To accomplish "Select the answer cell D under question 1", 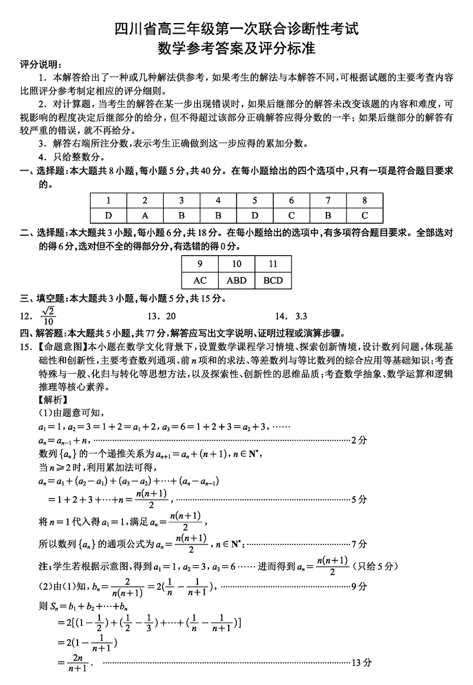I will click(x=108, y=216).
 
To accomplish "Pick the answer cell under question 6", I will click(x=291, y=216).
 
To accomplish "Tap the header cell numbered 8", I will click(x=365, y=200).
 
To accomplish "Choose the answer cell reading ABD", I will click(x=237, y=280).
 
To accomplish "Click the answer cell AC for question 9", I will click(x=200, y=280).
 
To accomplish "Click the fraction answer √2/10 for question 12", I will click(x=48, y=316).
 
